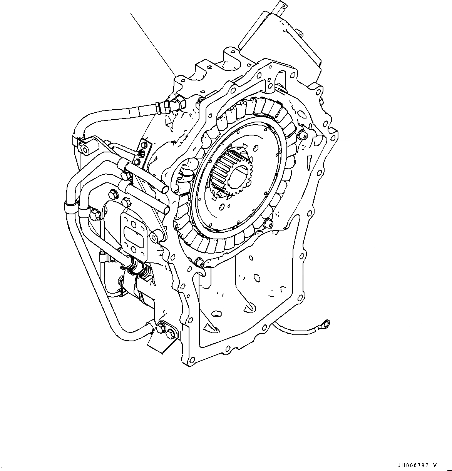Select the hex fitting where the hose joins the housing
178,103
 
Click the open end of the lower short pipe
167,210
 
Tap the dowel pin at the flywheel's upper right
301,134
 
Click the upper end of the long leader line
131,14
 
